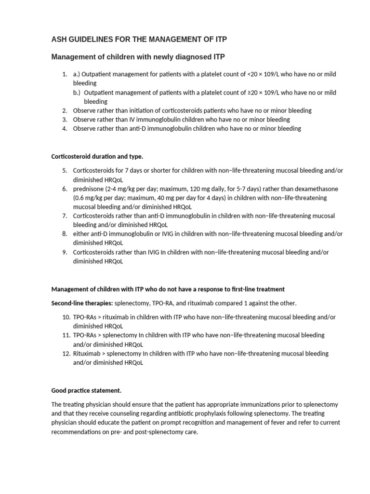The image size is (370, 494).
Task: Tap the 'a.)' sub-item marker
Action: point(78,74)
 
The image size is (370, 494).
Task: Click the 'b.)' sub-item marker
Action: point(78,93)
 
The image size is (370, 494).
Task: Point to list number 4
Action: point(65,129)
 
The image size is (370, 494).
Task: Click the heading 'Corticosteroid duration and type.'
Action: point(97,157)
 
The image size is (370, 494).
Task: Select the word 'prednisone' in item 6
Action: point(88,189)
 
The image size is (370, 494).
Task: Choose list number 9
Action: point(65,252)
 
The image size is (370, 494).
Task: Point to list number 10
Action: point(66,317)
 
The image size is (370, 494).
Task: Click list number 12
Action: point(66,354)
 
